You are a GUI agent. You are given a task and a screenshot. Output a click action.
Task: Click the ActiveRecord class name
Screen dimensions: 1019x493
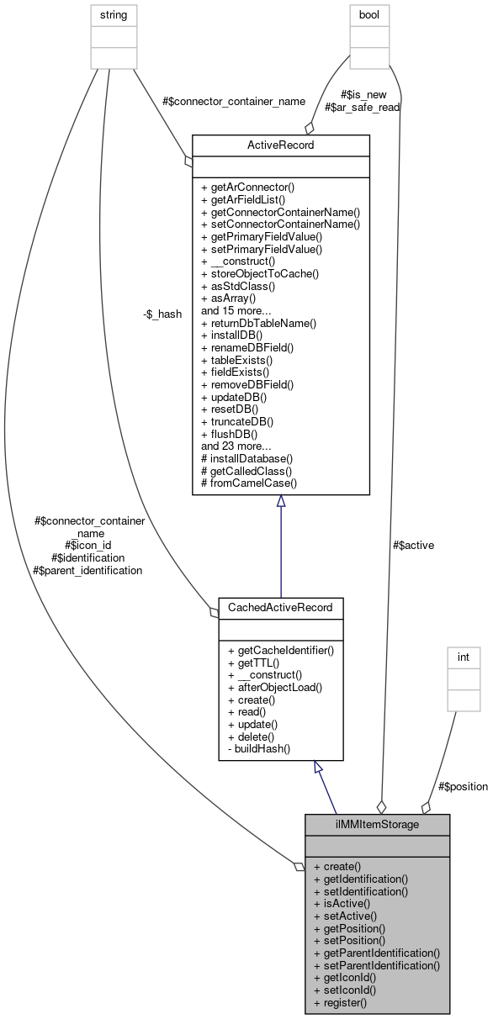pyautogui.click(x=281, y=145)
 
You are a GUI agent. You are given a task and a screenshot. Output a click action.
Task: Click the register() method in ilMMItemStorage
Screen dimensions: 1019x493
pyautogui.click(x=340, y=1001)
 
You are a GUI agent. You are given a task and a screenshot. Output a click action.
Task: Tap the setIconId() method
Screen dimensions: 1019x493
pyautogui.click(x=344, y=990)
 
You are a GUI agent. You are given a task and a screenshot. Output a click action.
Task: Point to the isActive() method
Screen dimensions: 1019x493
pyautogui.click(x=341, y=903)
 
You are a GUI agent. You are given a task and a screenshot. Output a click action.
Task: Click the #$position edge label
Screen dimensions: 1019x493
pyautogui.click(x=463, y=786)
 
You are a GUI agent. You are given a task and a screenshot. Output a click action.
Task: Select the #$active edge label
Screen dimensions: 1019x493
pyautogui.click(x=413, y=545)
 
